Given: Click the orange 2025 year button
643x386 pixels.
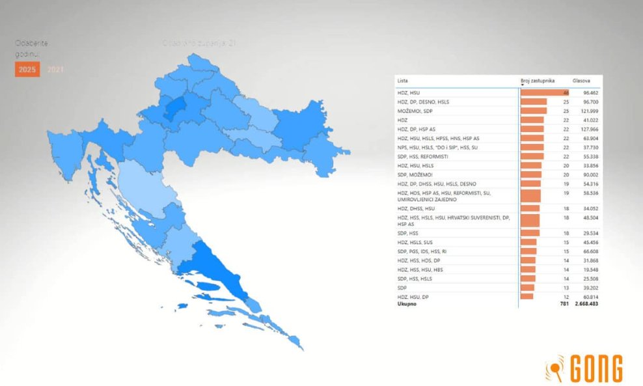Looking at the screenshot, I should (x=27, y=69).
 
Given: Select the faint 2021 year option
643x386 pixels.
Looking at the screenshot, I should (x=56, y=69).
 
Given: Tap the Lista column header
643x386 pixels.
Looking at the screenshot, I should (x=402, y=81).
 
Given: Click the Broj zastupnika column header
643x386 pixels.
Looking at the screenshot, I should (x=538, y=81).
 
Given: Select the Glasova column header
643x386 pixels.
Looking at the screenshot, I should (x=581, y=81).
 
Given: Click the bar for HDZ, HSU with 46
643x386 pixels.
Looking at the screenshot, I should (x=545, y=93).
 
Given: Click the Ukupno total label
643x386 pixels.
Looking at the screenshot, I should (x=407, y=303).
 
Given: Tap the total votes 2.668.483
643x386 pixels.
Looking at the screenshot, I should (x=583, y=303).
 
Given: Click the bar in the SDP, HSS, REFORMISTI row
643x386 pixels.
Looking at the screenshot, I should (x=532, y=156).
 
